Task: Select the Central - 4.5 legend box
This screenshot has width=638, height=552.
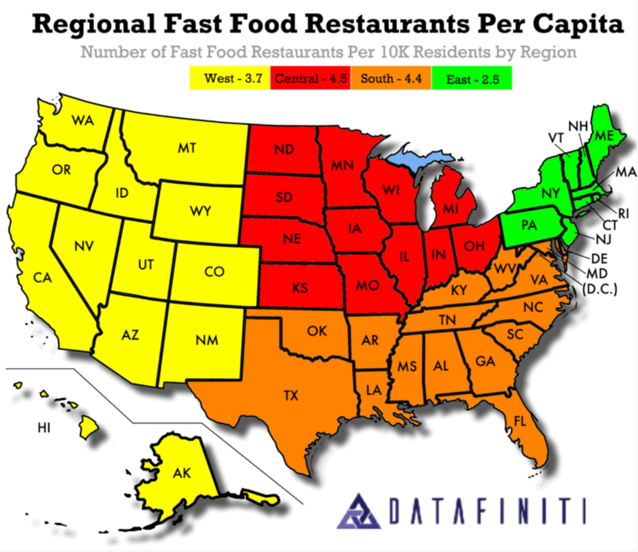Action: [x=310, y=78]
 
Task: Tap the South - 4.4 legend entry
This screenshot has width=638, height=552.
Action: [x=391, y=78]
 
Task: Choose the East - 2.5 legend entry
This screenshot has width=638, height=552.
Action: [x=472, y=79]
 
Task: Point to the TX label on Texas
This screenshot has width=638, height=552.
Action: [x=291, y=395]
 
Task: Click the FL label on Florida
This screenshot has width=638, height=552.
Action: [x=520, y=421]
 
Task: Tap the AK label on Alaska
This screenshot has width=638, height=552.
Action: [x=182, y=473]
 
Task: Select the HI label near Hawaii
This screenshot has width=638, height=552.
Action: [x=44, y=427]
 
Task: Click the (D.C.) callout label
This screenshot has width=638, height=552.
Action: [x=600, y=288]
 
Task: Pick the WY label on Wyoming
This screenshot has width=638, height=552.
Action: [x=201, y=211]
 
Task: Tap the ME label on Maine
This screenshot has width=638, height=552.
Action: [x=604, y=136]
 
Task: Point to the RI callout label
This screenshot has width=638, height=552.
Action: [x=623, y=214]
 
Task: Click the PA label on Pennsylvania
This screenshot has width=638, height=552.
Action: [x=529, y=225]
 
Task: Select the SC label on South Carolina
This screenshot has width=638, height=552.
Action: [x=515, y=334]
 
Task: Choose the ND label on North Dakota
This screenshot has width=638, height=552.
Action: [x=284, y=149]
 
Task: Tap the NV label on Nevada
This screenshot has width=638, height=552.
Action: [x=84, y=246]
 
